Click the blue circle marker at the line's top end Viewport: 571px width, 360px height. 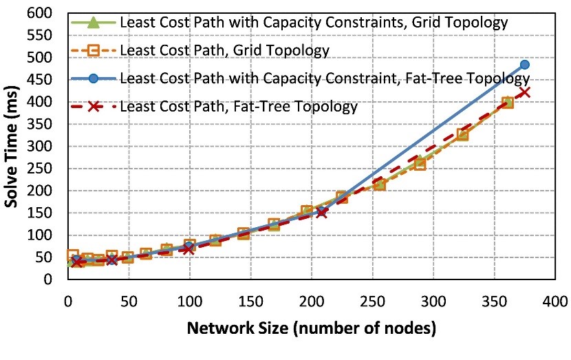coord(524,65)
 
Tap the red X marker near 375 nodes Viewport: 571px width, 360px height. coord(524,92)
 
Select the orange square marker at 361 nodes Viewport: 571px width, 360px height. coord(508,103)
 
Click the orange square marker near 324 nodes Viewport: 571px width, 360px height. coord(462,134)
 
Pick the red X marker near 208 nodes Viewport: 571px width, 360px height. coord(321,213)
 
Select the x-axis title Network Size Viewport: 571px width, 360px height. coord(311,329)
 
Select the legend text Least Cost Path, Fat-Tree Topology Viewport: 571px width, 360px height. coord(239,107)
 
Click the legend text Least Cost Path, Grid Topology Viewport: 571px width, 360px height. coord(224,50)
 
